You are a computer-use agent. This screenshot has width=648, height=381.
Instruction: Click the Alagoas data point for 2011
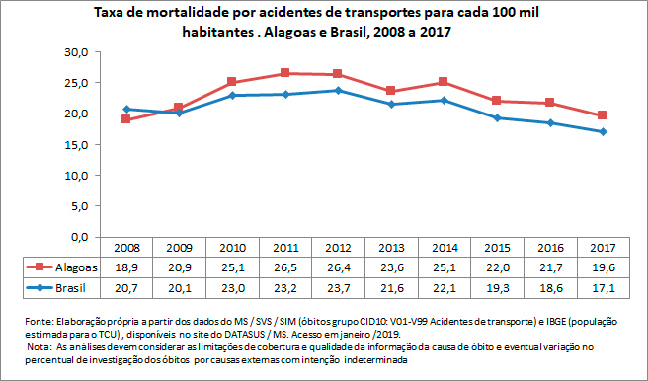[x=284, y=73]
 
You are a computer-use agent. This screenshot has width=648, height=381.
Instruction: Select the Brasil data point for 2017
[x=602, y=131]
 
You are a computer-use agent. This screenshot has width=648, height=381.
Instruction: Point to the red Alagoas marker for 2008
[x=125, y=119]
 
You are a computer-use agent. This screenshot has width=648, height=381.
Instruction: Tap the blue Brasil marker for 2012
[x=338, y=90]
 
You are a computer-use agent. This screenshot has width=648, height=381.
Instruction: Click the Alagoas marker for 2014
[x=444, y=82]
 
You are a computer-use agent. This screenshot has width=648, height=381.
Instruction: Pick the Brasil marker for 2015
[x=496, y=117]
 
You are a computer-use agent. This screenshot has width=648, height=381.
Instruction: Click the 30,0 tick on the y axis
[x=77, y=51]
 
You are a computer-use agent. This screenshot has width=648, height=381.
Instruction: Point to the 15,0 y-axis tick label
[x=77, y=145]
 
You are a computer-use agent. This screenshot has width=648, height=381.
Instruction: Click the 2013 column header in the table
[x=390, y=248]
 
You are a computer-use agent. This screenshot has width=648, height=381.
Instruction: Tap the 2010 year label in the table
[x=231, y=248]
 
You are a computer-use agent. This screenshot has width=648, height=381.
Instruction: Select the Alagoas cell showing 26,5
[x=284, y=267]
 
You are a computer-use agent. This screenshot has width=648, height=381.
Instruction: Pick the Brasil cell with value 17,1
[x=602, y=287]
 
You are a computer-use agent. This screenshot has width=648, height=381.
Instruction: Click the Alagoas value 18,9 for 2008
[x=125, y=267]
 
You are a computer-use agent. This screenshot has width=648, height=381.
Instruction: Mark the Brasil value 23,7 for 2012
[x=338, y=287]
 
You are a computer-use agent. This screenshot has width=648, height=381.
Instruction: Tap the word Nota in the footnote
[x=40, y=348]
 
